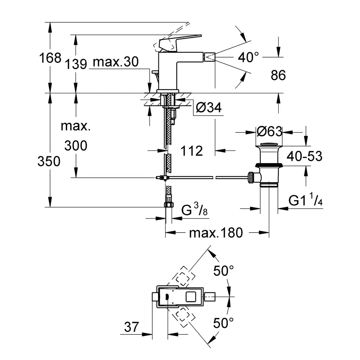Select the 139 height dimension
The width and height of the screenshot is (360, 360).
76,64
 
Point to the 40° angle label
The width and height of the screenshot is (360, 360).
248,57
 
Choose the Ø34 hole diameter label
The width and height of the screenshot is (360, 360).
209,107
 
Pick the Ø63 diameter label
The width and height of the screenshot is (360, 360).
269,131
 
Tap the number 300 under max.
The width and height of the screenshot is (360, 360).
76,146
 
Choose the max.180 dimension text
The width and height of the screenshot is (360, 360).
216,233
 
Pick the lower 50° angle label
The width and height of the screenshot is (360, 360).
223,323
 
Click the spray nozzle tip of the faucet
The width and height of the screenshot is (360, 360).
210,57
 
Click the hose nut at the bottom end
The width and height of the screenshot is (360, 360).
168,204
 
